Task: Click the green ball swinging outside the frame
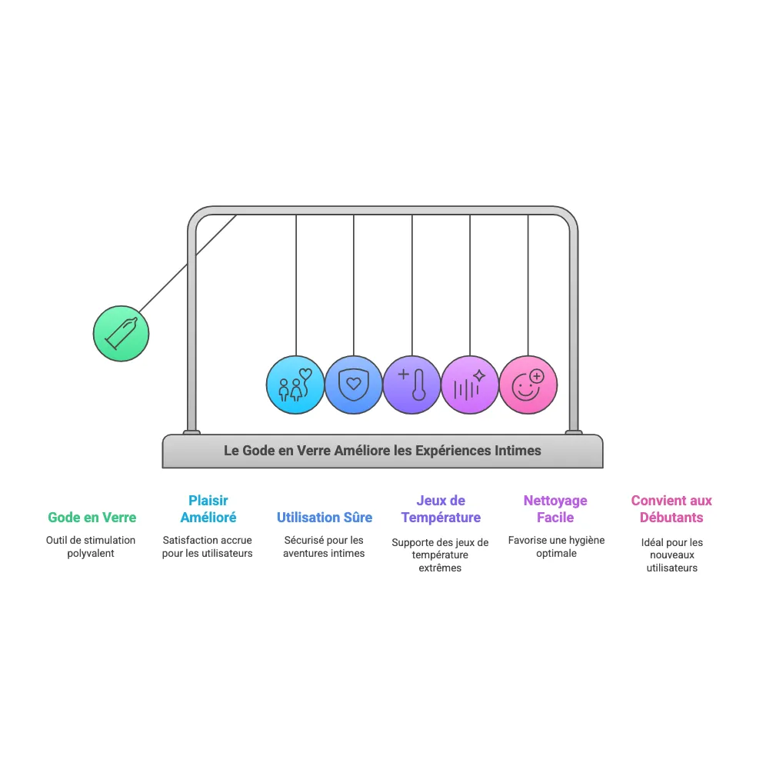point(121,333)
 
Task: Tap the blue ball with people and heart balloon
point(295,385)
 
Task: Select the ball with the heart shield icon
point(354,385)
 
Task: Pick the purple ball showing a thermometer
point(411,385)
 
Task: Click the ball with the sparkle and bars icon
point(470,385)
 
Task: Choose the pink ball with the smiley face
point(528,385)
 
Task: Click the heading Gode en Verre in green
point(92,518)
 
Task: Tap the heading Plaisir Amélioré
point(208,509)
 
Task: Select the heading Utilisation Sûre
point(325,518)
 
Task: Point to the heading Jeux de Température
point(441,509)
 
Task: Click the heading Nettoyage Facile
point(555,509)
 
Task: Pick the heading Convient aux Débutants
point(671,509)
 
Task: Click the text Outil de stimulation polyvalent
point(91,547)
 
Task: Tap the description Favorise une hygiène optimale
point(556,547)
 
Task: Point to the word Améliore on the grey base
point(362,451)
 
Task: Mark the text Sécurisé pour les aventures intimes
point(324,547)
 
